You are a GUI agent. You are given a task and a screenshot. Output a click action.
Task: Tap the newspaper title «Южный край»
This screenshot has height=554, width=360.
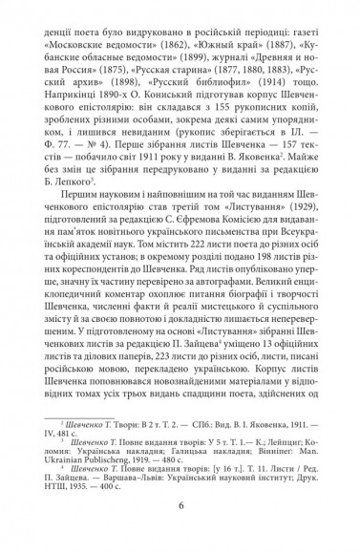(224, 44)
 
